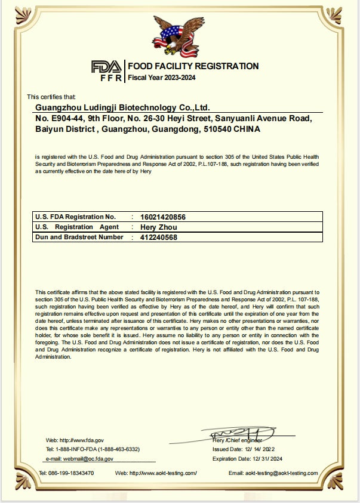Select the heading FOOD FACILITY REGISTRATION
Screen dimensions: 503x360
click(x=193, y=66)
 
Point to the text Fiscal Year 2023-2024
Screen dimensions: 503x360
click(x=162, y=78)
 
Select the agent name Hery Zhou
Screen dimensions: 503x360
click(x=158, y=227)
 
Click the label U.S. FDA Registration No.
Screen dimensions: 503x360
click(x=75, y=217)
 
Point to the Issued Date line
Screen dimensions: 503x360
click(x=244, y=449)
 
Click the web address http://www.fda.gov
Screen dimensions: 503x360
click(x=75, y=440)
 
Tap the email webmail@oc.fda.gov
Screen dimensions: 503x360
click(x=80, y=459)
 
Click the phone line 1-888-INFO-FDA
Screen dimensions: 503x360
click(x=93, y=449)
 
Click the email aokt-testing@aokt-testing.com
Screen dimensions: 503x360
click(x=273, y=473)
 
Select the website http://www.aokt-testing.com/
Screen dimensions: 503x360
click(x=156, y=473)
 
